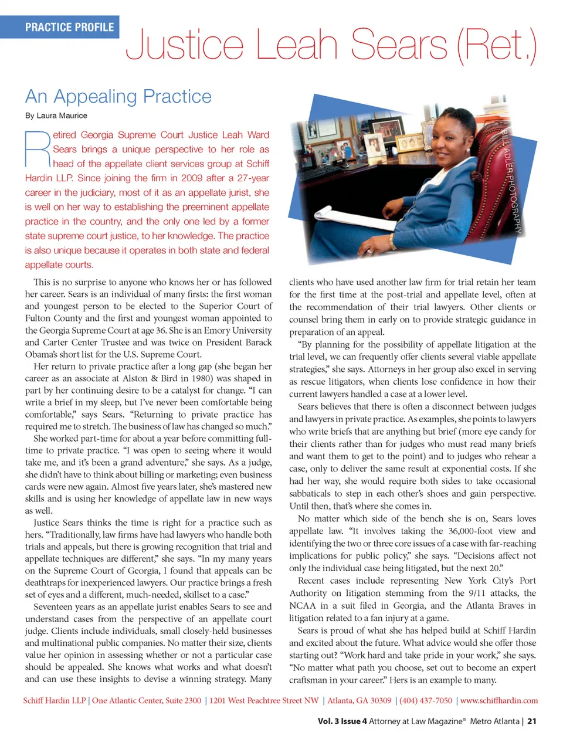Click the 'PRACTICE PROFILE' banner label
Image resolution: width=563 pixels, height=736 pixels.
pos(69,27)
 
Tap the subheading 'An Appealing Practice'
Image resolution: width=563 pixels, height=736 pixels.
pos(118,96)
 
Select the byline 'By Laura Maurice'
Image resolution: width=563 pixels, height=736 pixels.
pos(56,116)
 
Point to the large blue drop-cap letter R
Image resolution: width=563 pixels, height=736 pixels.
pos(38,150)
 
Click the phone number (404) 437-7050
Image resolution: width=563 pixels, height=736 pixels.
pos(426,701)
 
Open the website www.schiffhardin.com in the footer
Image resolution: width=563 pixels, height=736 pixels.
pos(499,701)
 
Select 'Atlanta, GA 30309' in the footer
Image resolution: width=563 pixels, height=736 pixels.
pos(359,701)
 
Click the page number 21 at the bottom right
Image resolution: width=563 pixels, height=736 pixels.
pos(531,721)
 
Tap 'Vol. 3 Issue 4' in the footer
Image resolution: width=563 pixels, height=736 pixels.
pos(342,721)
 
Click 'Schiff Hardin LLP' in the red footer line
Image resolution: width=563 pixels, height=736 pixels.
pos(55,701)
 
